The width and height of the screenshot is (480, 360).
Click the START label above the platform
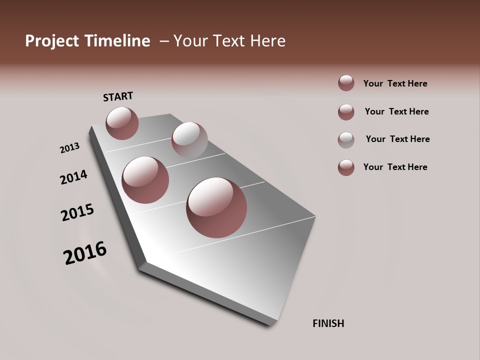point(118,96)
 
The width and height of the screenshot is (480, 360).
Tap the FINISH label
point(328,323)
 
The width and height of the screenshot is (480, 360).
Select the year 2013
point(69,148)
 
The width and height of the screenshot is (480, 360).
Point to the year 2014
point(73,177)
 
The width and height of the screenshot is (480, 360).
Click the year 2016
point(85,253)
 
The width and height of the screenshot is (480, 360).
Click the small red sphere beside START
point(122,123)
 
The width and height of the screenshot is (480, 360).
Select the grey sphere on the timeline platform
point(189,140)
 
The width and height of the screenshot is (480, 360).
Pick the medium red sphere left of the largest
point(145,179)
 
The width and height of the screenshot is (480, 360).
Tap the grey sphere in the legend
point(346,140)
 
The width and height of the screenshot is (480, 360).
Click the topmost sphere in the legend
point(346,83)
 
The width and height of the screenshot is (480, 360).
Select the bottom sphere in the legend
point(346,167)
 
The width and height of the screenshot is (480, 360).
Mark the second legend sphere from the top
point(346,112)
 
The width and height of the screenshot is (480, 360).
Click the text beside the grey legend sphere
point(397,139)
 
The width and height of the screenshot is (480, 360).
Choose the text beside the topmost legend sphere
point(395,83)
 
